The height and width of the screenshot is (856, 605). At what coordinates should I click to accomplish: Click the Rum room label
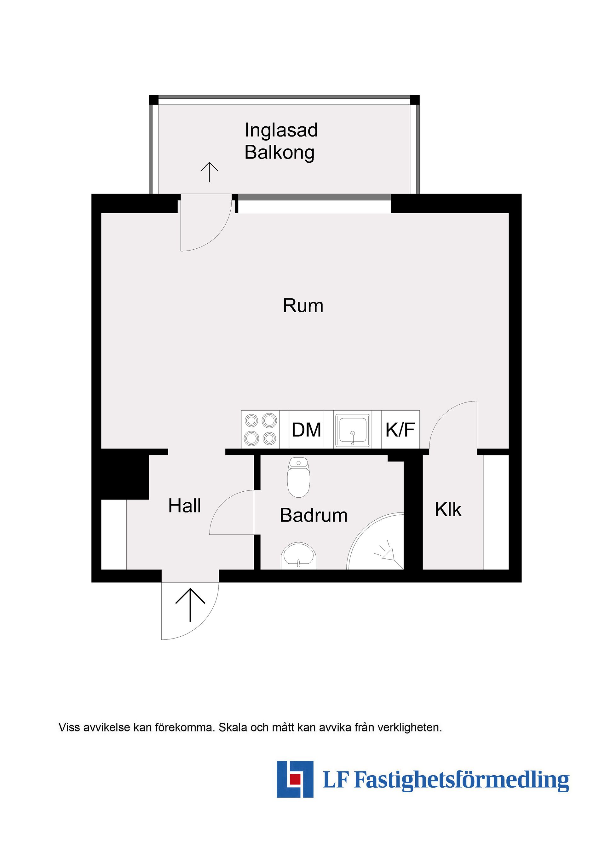[x=303, y=306]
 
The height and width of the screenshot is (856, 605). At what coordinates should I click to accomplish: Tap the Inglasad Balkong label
[x=281, y=141]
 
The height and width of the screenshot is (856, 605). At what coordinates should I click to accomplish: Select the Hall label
[x=185, y=506]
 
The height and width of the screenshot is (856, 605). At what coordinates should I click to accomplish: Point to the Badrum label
[x=314, y=515]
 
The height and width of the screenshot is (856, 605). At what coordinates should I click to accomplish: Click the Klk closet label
[x=448, y=510]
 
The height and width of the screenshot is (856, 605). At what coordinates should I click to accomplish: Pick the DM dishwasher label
[x=306, y=430]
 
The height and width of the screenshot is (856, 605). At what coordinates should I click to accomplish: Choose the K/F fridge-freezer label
[x=400, y=430]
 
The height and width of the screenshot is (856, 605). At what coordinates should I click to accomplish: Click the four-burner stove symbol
[x=260, y=430]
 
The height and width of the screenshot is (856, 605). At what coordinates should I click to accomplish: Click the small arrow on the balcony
[x=210, y=172]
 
